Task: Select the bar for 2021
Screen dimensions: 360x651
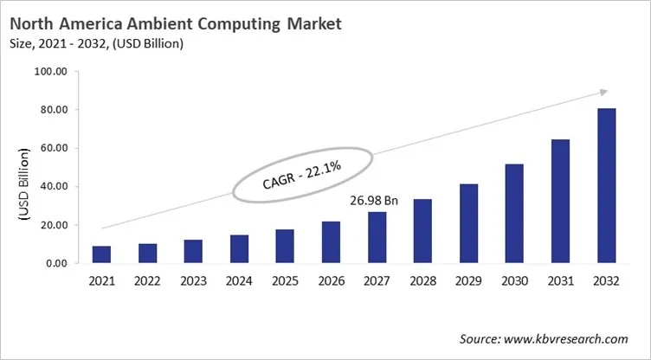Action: coord(101,254)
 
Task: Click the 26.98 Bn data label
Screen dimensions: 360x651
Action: coord(373,201)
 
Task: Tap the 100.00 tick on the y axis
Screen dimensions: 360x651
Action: coord(51,72)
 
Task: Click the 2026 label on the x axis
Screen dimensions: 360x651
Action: coord(331,281)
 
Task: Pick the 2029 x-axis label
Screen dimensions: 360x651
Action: coord(468,281)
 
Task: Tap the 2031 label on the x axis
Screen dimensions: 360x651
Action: coord(560,281)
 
